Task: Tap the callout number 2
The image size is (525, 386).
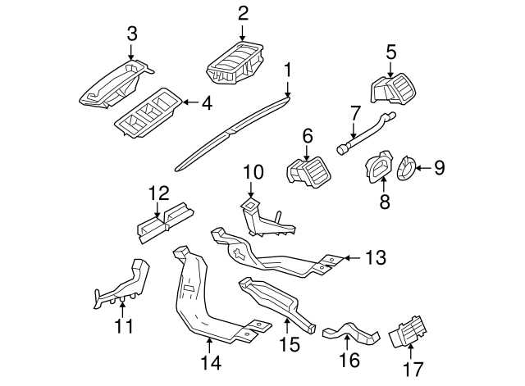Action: click(x=243, y=12)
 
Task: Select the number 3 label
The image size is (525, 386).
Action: click(x=132, y=34)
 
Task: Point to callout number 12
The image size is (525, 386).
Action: click(x=158, y=193)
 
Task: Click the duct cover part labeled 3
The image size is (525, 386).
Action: click(x=115, y=82)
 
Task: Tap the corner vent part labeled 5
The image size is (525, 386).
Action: click(x=394, y=88)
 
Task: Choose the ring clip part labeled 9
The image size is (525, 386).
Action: click(x=406, y=169)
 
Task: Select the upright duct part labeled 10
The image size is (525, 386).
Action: click(x=261, y=216)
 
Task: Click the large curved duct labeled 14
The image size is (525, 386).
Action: click(x=197, y=295)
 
